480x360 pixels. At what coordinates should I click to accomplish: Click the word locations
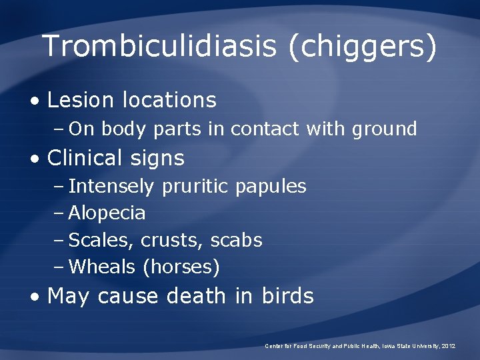(169, 100)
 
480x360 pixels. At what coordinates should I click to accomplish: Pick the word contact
(264, 129)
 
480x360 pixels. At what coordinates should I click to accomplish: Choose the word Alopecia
(107, 213)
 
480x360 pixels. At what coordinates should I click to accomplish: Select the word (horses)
(181, 267)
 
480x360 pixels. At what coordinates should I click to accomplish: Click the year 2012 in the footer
(448, 347)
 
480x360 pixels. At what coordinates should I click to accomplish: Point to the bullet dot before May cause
(37, 297)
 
